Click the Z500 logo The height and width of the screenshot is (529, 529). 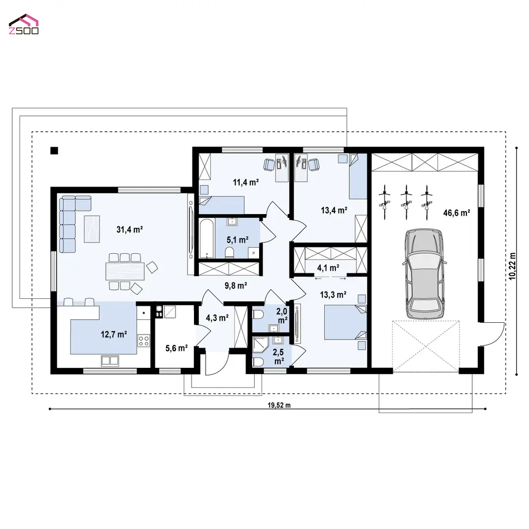[x=24, y=24]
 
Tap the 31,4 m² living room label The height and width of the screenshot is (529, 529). [x=129, y=229]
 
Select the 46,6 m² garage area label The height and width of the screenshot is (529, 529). [x=457, y=213]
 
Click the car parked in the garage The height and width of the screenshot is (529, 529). [x=424, y=274]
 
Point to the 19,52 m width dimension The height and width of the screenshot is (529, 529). [x=279, y=405]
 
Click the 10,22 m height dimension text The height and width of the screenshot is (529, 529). [x=512, y=266]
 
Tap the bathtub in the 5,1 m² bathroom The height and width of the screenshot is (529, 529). [x=207, y=238]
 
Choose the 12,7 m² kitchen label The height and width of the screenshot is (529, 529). [x=114, y=335]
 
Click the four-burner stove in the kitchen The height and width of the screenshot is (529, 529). [x=144, y=340]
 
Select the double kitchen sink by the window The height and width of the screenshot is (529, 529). [x=110, y=361]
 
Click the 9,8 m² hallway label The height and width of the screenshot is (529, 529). [x=236, y=286]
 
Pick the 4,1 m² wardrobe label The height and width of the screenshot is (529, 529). [x=328, y=268]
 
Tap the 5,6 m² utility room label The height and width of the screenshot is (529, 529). [x=176, y=348]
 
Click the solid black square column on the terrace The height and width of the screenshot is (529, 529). [x=54, y=150]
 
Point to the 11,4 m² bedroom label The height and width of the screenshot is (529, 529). [x=245, y=182]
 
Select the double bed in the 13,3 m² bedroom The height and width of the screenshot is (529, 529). [x=345, y=322]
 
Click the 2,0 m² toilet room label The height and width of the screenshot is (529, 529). [x=282, y=315]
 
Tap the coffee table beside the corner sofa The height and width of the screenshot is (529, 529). [x=92, y=229]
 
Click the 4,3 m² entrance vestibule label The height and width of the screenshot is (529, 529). [x=217, y=318]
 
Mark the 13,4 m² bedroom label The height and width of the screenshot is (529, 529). [x=334, y=210]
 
